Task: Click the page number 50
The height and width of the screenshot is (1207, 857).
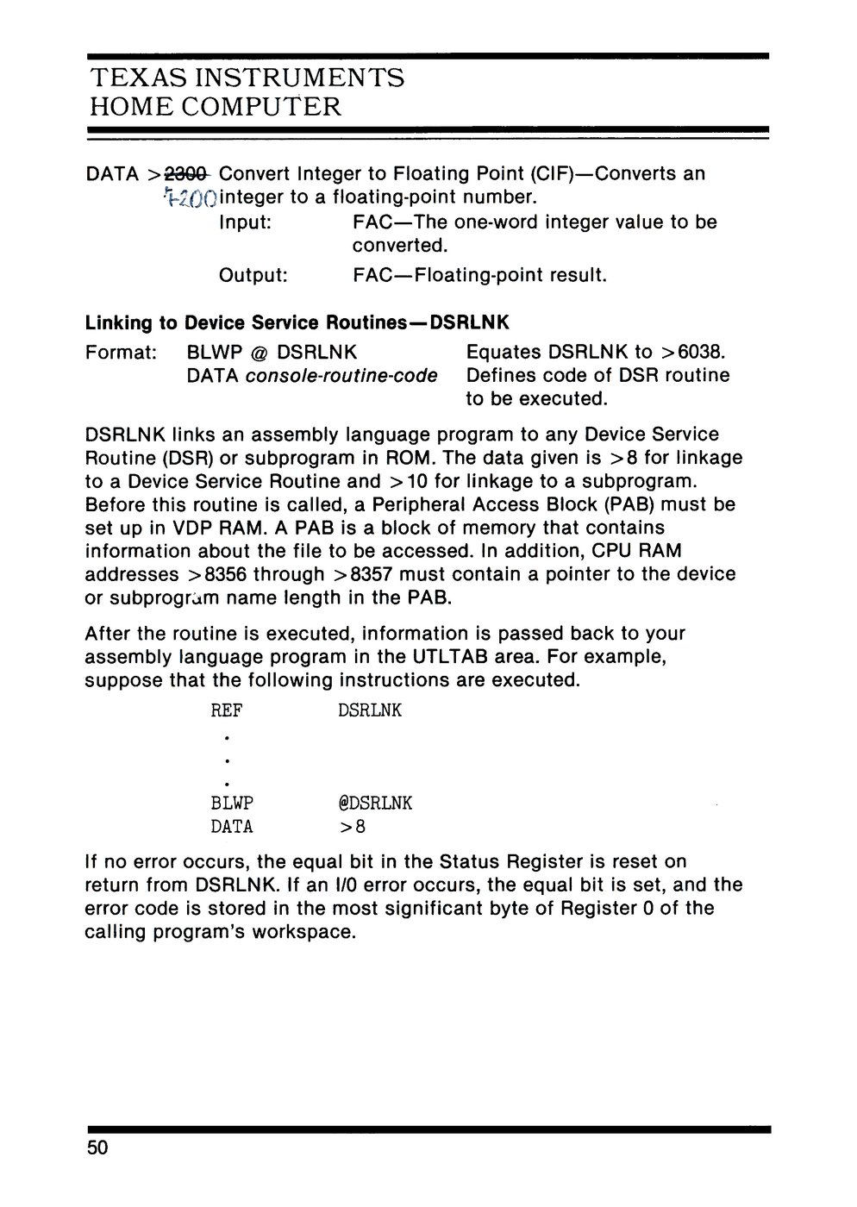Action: point(97,1149)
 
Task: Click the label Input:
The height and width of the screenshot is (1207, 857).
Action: point(246,222)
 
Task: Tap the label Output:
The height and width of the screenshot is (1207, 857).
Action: point(253,276)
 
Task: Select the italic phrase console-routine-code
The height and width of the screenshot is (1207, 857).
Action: point(341,376)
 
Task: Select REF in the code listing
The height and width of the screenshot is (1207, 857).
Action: point(227,711)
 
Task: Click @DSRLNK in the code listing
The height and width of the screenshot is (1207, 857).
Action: point(376,804)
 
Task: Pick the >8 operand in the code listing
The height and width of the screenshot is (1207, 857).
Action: point(353,828)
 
